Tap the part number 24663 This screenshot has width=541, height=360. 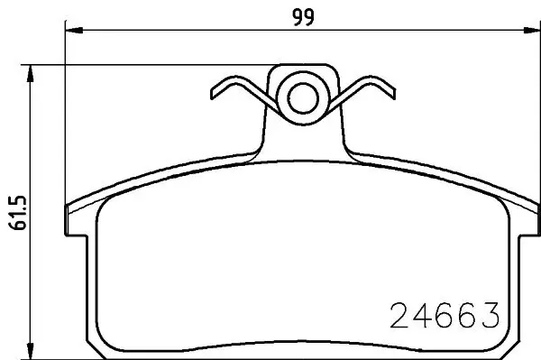point(445,316)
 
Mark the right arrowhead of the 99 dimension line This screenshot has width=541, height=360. point(526,32)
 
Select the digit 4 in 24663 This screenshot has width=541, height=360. point(422,316)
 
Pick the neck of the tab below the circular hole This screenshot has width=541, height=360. point(301,135)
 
